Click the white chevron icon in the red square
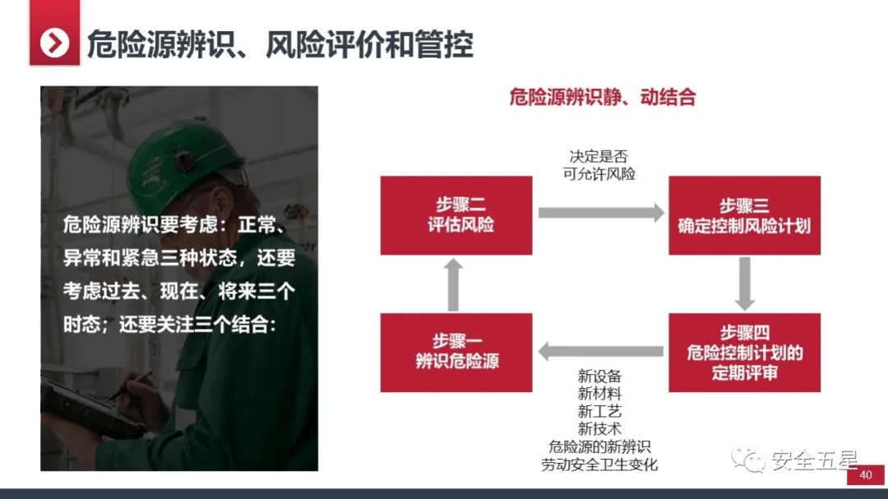tap(54, 43)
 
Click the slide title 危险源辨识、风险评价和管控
tap(280, 44)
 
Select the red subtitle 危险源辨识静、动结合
tap(603, 98)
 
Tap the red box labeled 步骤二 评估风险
tap(456, 215)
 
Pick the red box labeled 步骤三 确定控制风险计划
tap(744, 215)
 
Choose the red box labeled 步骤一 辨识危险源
tap(456, 353)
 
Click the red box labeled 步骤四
tap(744, 353)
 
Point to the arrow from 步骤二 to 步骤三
tap(601, 213)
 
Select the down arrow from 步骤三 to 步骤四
tap(745, 284)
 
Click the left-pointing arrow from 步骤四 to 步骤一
tap(601, 351)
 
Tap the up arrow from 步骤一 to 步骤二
tap(453, 285)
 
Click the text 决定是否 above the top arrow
tap(599, 156)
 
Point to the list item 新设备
tap(599, 376)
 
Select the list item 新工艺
tap(599, 411)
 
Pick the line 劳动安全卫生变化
tap(599, 464)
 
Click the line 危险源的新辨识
tap(599, 447)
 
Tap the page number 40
tap(865, 475)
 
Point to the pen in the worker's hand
tap(132, 386)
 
